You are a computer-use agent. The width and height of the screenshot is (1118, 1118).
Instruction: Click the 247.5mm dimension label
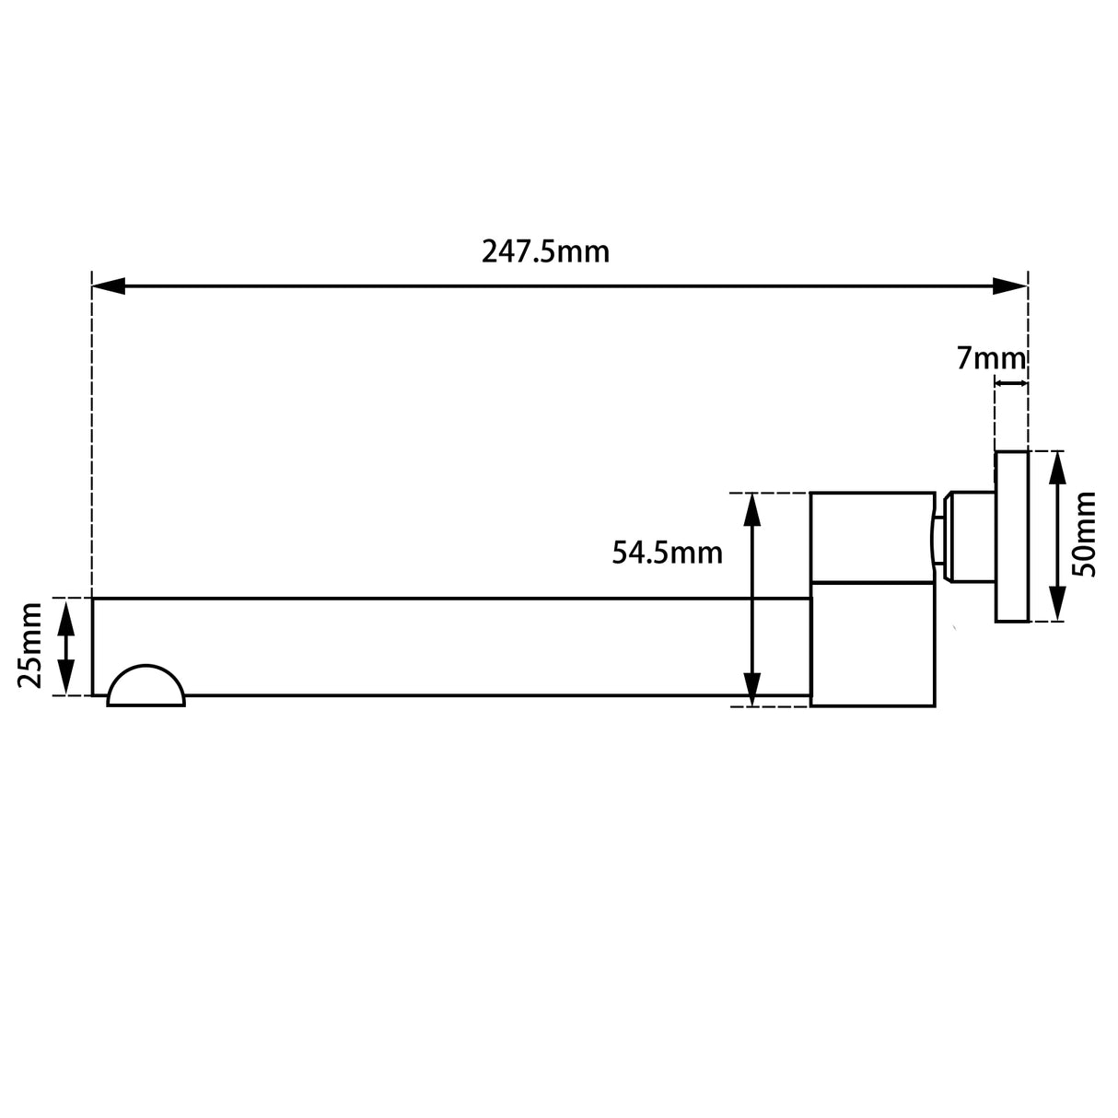[545, 251]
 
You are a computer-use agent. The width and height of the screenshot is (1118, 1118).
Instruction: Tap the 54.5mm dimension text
[667, 553]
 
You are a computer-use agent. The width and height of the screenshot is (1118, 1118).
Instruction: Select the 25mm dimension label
[30, 646]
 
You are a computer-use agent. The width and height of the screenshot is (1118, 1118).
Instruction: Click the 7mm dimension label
[990, 358]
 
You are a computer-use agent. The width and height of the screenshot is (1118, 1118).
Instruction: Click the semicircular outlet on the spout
[146, 688]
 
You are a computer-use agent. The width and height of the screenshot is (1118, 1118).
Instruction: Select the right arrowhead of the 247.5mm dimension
[1010, 286]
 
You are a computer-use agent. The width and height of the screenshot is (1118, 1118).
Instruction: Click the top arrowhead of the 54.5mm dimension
[752, 508]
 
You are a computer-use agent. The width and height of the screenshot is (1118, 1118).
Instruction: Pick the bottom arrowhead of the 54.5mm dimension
[752, 691]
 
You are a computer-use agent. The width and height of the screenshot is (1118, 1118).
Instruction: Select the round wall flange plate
[1011, 536]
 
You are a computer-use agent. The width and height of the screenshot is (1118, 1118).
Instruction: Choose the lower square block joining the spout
[873, 645]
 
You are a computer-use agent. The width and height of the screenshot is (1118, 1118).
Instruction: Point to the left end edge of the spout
[93, 646]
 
